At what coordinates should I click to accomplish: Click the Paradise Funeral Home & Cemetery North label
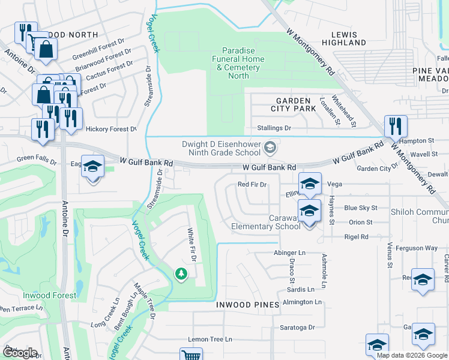pyautogui.click(x=239, y=63)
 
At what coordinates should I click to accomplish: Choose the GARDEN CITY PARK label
pyautogui.click(x=294, y=104)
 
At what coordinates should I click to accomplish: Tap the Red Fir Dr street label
pyautogui.click(x=252, y=185)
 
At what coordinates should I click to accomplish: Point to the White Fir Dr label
pyautogui.click(x=191, y=245)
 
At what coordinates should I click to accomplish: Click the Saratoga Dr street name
pyautogui.click(x=298, y=328)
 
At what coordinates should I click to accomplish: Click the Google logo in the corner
pyautogui.click(x=19, y=353)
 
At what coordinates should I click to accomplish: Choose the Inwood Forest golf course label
pyautogui.click(x=50, y=295)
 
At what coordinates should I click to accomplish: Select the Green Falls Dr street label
pyautogui.click(x=37, y=160)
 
